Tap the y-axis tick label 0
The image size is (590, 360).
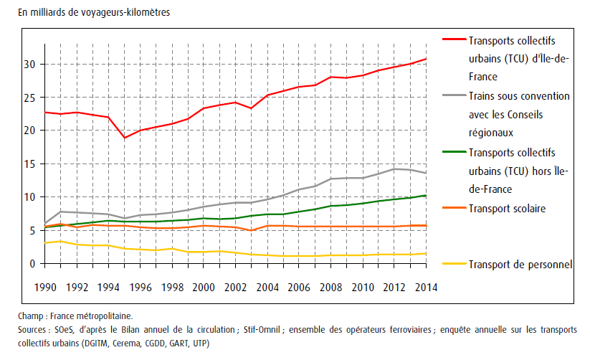tap(32, 264)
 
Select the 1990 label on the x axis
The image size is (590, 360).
tap(44, 287)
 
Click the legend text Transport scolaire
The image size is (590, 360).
tap(508, 209)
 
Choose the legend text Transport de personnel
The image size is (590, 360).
tap(520, 265)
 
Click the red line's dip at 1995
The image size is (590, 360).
tap(124, 138)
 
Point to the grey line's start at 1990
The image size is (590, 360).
tap(44, 223)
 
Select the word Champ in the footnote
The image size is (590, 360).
tap(32, 315)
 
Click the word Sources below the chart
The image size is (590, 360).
tap(35, 329)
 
